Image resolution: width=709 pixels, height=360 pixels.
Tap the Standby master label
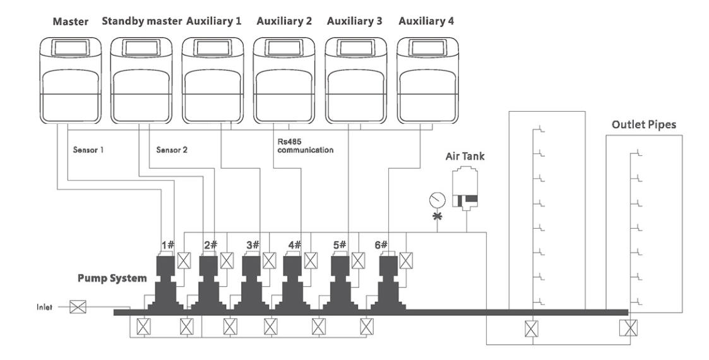(142, 21)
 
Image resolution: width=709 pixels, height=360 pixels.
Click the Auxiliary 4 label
(426, 21)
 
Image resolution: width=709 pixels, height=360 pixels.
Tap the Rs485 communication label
(305, 147)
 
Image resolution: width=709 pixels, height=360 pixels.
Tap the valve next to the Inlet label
(78, 308)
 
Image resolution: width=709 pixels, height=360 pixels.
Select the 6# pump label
(381, 244)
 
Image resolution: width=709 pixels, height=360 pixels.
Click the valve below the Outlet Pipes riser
(628, 328)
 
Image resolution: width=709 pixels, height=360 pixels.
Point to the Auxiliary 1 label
(214, 21)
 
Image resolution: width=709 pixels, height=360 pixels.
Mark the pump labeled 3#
(251, 281)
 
